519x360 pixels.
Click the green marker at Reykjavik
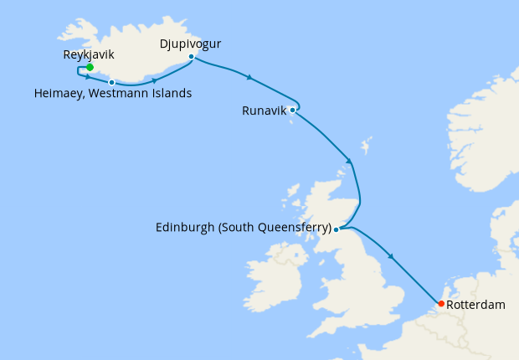pos(90,67)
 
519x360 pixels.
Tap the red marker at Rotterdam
pos(441,303)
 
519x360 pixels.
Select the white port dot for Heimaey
pos(111,82)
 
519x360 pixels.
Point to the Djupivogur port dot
pos(192,57)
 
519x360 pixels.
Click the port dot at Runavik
pos(292,110)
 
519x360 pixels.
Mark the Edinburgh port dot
pos(336,229)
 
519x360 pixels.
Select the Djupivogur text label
pos(191,41)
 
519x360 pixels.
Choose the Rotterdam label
pos(476,305)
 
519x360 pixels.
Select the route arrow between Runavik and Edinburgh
pos(349,162)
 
